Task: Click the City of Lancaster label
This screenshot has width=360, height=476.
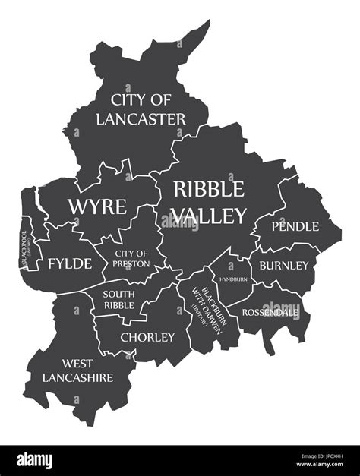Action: [x=141, y=109]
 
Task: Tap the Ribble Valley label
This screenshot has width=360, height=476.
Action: [x=208, y=202]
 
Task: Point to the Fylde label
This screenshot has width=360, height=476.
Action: [x=70, y=263]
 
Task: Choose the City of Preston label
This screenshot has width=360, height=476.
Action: [x=131, y=258]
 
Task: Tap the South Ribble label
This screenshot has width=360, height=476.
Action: [x=119, y=299]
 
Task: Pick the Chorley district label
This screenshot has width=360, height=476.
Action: [x=147, y=337]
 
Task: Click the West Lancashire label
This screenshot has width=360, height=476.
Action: [x=77, y=370]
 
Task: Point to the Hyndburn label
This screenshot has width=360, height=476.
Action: [x=233, y=279]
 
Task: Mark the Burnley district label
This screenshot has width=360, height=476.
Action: [x=283, y=265]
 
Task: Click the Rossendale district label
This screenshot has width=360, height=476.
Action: [x=270, y=311]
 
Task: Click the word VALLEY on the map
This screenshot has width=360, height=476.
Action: [x=208, y=216]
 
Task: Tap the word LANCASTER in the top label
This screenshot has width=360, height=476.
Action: [x=141, y=118]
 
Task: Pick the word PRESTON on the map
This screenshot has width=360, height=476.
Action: [x=131, y=263]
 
